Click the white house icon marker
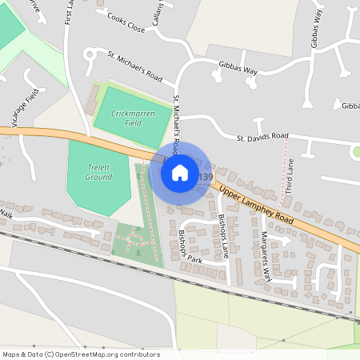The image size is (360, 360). (x=180, y=172)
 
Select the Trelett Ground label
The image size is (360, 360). (x=99, y=171)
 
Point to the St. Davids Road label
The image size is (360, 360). (x=262, y=138)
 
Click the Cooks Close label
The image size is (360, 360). (x=126, y=28)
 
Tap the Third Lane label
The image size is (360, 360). (x=290, y=176)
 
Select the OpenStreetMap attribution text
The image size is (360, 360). (x=80, y=354)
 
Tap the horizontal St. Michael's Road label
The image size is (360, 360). (x=135, y=67)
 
